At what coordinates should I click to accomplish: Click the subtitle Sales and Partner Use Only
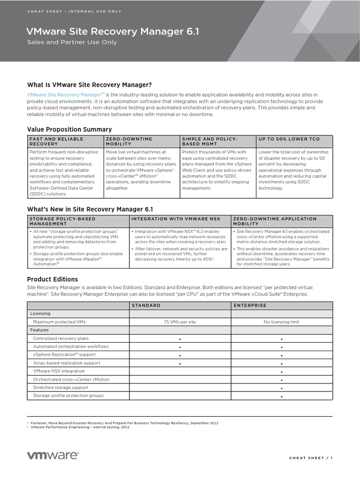tap(72, 42)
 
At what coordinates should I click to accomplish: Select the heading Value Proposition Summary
tap(69, 129)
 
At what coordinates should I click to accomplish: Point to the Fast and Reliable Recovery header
tap(56, 141)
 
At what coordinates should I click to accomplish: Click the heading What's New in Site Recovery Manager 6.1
tap(90, 209)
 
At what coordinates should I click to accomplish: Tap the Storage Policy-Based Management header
tap(62, 221)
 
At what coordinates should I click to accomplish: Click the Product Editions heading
tap(52, 279)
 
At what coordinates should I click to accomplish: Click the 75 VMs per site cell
tap(180, 322)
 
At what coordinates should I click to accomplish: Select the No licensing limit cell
tap(282, 322)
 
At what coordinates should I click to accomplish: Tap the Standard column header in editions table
tap(146, 305)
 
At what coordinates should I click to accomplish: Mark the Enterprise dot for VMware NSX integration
tap(282, 371)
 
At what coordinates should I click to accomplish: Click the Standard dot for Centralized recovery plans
tap(180, 338)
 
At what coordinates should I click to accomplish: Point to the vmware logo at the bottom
tap(53, 456)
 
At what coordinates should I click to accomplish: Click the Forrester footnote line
tap(124, 423)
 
